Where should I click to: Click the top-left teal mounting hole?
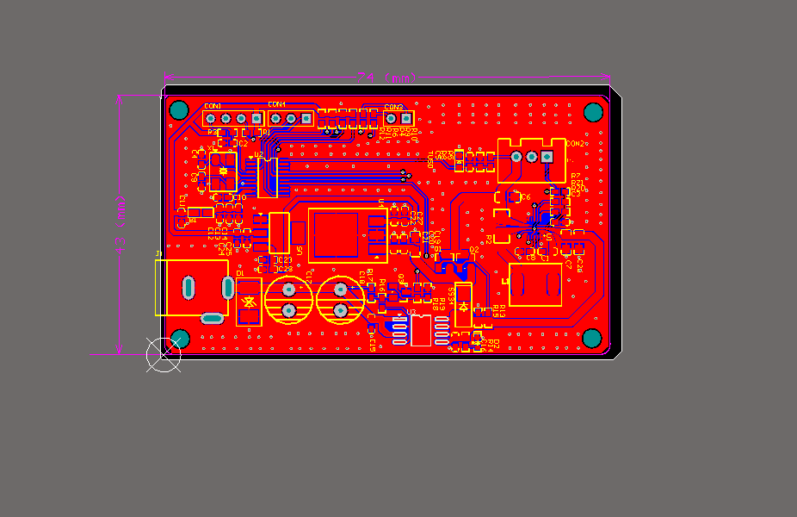click(179, 109)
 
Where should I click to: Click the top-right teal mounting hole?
click(593, 111)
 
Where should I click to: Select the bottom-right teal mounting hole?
click(592, 338)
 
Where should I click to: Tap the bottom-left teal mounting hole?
click(181, 338)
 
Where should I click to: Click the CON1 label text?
click(213, 105)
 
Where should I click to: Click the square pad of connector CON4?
click(275, 118)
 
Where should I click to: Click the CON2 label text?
click(576, 144)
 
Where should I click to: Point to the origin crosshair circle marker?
click(163, 354)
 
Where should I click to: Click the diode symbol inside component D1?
click(249, 302)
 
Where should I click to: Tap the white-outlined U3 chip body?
click(421, 330)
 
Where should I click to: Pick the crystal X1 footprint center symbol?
click(223, 171)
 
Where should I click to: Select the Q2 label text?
click(473, 251)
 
